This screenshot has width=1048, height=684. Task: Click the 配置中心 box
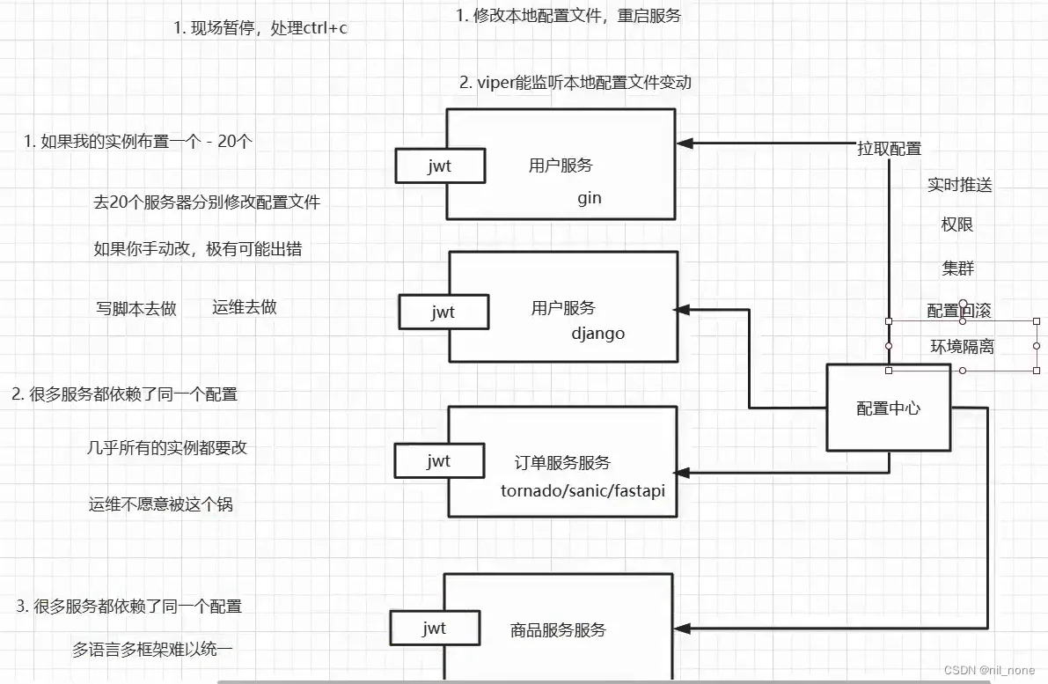pos(889,408)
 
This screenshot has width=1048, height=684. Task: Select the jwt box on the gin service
pos(440,165)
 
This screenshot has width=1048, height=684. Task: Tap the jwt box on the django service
pos(443,312)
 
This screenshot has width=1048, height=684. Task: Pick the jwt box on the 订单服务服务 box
pos(438,460)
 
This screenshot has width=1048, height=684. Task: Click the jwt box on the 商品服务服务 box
pos(435,628)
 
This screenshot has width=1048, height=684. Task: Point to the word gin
pos(590,197)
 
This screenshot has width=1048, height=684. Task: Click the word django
pos(598,334)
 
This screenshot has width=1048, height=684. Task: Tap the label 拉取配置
pos(890,149)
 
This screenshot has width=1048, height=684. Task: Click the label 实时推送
pos(960,185)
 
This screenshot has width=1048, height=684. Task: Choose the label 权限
pos(957,224)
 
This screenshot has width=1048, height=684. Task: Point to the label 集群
pos(958,268)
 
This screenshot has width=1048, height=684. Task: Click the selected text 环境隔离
pos(963,346)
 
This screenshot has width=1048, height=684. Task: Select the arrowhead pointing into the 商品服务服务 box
pos(683,629)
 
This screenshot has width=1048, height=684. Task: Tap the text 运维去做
pos(245,306)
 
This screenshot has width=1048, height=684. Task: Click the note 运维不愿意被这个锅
pos(161,504)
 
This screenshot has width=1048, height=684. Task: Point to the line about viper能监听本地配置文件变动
pos(575,83)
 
